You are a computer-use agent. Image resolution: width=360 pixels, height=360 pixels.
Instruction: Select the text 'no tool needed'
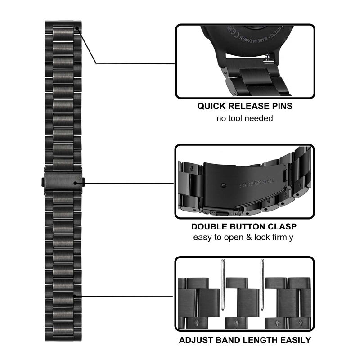[x=245, y=119]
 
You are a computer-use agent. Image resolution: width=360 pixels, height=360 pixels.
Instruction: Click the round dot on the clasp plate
[x=225, y=185]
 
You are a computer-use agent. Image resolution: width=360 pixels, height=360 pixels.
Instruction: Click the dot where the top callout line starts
[x=76, y=28]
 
